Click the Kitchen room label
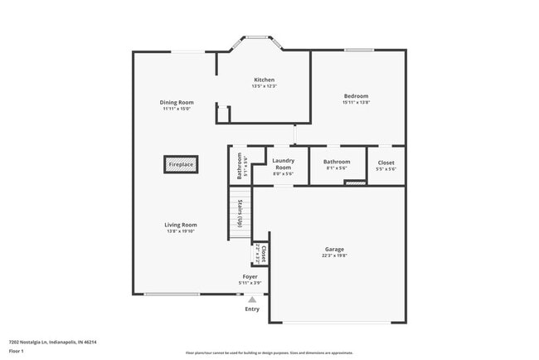point(264,80)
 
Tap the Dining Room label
point(177,102)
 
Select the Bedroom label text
point(356,96)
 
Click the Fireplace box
point(181,164)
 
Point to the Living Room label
point(180,225)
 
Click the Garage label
point(334,249)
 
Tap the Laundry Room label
point(283,164)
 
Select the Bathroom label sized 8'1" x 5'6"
point(337,162)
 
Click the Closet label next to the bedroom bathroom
point(386,163)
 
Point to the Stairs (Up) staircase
point(240,212)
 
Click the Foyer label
point(250,276)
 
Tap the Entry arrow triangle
point(252,299)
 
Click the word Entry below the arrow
point(252,309)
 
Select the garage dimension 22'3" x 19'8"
point(334,256)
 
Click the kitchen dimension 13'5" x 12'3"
point(264,86)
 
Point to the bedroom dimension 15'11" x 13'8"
point(356,103)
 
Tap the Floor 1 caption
point(17,351)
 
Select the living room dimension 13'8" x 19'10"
point(180,231)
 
